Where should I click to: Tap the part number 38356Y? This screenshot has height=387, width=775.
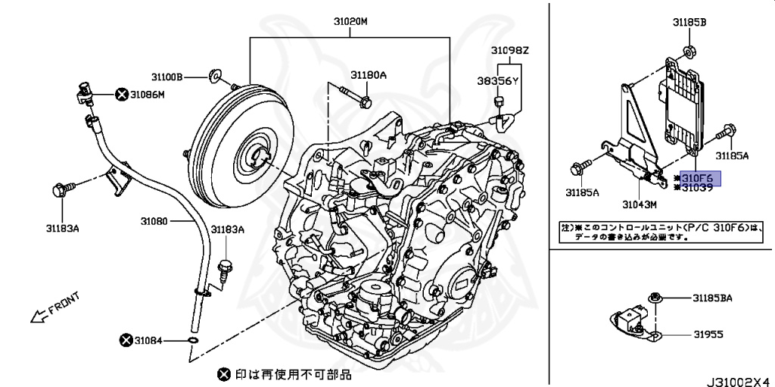497,80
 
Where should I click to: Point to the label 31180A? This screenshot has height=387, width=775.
368,75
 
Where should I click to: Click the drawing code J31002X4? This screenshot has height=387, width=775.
739,376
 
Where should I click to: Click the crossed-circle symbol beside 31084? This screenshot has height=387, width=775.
125,341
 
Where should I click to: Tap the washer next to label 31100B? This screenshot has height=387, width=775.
214,76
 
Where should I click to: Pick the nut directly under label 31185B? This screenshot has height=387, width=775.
689,51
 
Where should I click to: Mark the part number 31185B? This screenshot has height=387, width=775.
689,23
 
